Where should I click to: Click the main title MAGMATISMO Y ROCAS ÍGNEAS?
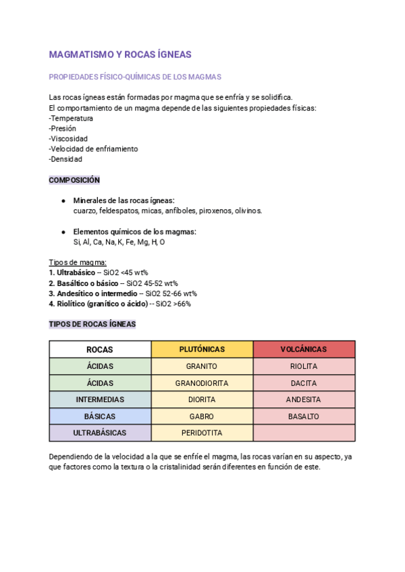click(120, 54)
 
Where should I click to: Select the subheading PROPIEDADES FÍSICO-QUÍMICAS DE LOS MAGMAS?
click(135, 77)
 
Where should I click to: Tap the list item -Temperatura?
click(71, 118)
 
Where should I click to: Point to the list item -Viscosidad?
click(68, 138)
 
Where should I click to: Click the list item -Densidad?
click(65, 159)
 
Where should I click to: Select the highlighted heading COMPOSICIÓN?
click(74, 180)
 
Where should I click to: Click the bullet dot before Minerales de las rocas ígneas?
click(63, 201)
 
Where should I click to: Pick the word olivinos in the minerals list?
click(247, 210)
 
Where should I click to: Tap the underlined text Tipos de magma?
click(78, 262)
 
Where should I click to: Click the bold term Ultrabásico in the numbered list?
click(76, 273)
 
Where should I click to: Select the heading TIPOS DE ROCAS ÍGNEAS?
click(92, 324)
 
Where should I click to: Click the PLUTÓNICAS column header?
click(202, 349)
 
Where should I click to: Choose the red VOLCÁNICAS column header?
click(303, 349)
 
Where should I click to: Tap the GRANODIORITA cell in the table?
click(202, 383)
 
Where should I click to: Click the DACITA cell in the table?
click(303, 383)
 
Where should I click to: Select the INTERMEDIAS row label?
click(100, 399)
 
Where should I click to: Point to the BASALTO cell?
click(303, 416)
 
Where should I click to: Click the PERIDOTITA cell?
click(202, 432)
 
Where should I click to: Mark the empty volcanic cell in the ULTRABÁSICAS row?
click(303, 432)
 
